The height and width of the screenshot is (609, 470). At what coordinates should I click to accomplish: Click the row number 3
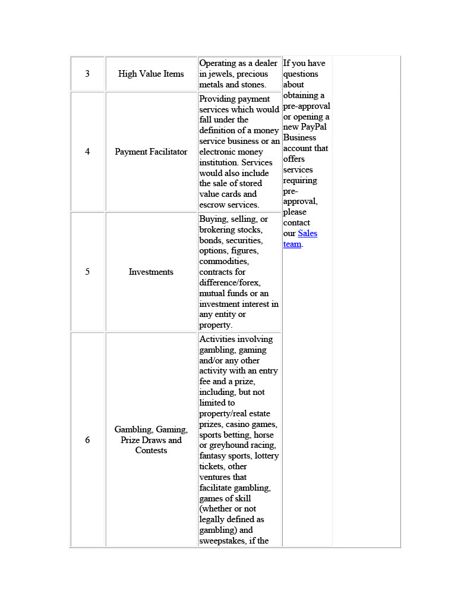click(x=87, y=74)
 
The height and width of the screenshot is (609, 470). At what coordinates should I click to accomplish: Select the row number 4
click(x=87, y=152)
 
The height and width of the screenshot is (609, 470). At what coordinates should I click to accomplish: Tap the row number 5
click(x=87, y=272)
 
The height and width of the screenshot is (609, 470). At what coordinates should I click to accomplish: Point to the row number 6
click(x=87, y=440)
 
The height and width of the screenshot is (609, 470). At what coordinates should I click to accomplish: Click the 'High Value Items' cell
click(x=151, y=74)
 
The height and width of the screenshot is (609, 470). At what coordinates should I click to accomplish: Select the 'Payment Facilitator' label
click(x=151, y=152)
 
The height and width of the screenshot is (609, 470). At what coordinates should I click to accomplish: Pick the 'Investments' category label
click(x=151, y=272)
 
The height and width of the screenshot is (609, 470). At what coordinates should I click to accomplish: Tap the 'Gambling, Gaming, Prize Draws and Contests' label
click(x=151, y=440)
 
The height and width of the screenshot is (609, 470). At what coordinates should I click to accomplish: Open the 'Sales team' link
click(x=307, y=233)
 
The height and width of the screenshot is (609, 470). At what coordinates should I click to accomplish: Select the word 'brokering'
click(x=218, y=230)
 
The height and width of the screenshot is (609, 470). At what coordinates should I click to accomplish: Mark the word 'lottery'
click(x=266, y=456)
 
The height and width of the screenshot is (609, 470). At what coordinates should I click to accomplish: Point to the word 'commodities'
click(x=224, y=262)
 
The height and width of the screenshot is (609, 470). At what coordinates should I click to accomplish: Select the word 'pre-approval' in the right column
click(x=307, y=106)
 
